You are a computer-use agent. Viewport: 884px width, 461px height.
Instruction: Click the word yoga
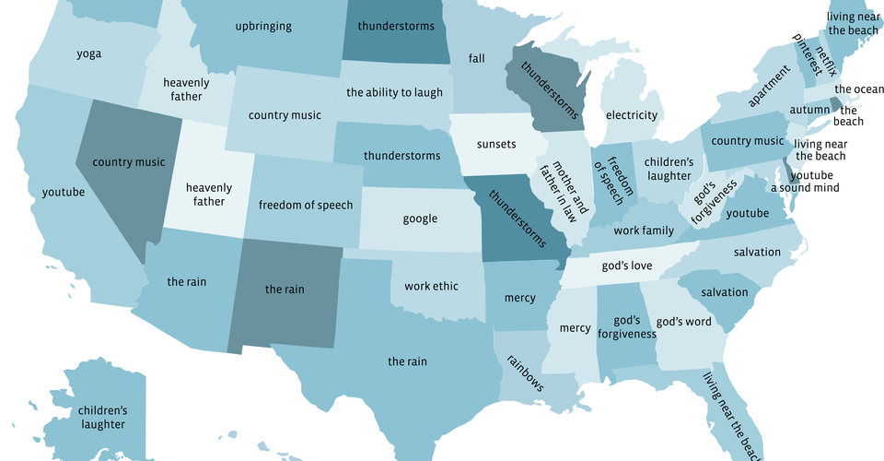[89, 53]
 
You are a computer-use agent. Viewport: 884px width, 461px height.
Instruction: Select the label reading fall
[476, 58]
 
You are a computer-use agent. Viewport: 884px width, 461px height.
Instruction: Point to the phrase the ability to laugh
[394, 92]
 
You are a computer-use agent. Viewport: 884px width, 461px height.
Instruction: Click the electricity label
[632, 115]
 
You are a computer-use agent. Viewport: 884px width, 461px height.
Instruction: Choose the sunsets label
[496, 145]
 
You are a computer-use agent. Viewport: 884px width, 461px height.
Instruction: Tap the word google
[420, 219]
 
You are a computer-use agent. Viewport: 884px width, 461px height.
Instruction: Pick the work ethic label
[431, 286]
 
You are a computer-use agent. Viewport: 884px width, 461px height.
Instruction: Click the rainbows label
[526, 372]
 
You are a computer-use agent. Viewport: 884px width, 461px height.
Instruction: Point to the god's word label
[683, 322]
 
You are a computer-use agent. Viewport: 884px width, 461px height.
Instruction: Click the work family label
[644, 230]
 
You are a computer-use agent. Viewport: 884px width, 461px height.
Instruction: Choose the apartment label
[769, 86]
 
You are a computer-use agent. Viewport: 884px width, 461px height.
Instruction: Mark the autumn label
[809, 110]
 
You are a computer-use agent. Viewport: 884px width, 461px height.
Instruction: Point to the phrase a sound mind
[804, 188]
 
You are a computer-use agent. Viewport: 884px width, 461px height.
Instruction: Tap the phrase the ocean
[858, 89]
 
